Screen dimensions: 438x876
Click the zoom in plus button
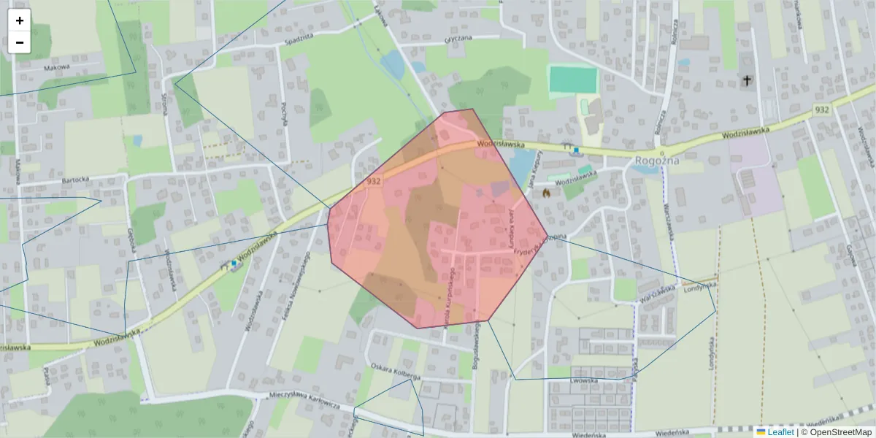pos(20,20)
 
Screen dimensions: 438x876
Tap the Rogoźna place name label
pos(658,161)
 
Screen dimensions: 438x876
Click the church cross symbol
pos(747,80)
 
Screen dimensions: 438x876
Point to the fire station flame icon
pos(545,193)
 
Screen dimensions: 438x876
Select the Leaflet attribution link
pos(780,432)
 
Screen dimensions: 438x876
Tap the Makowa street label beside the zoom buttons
pos(55,67)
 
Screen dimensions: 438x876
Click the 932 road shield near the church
pos(822,109)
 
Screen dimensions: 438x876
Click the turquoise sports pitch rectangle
pos(573,80)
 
